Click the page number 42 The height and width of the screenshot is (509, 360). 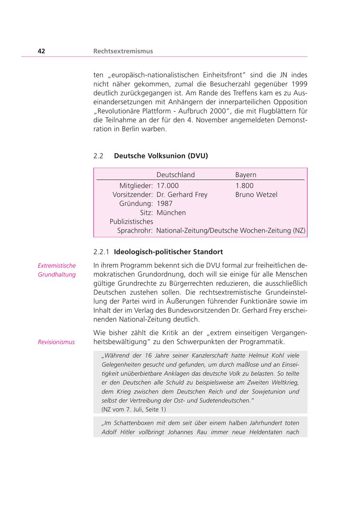click(41, 51)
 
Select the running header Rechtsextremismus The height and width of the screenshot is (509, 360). click(123, 51)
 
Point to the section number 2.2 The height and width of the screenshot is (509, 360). click(98, 156)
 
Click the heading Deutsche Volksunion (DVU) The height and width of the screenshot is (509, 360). click(161, 156)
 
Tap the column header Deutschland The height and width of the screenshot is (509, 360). click(176, 175)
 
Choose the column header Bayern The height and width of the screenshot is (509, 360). click(246, 175)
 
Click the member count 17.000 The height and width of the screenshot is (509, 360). click(168, 186)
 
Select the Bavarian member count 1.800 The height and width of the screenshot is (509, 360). click(244, 186)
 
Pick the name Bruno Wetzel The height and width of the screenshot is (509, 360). click(256, 195)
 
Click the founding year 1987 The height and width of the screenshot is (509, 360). click(164, 204)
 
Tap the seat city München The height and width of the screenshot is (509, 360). click(171, 213)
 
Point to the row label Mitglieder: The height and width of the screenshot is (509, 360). click(136, 186)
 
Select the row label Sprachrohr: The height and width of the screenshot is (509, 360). click(135, 231)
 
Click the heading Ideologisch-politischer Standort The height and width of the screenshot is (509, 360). click(168, 252)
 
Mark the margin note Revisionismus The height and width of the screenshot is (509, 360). click(56, 342)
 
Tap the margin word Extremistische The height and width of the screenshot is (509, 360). click(57, 265)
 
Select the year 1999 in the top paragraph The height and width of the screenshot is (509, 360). click(300, 84)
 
